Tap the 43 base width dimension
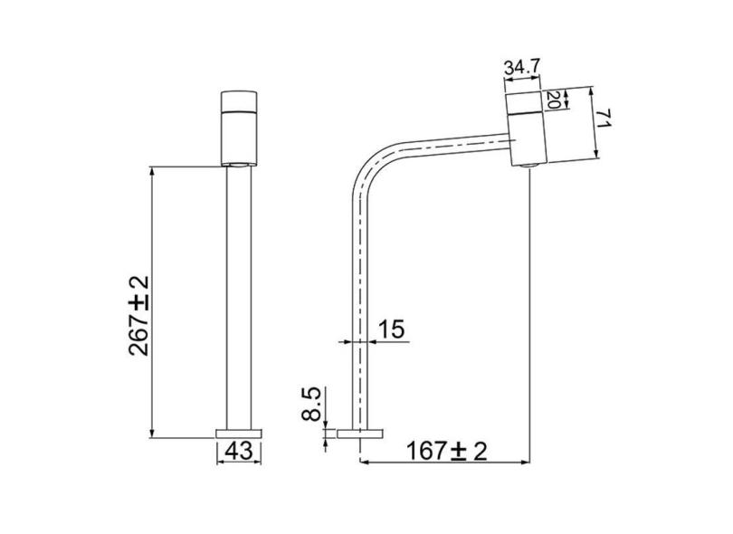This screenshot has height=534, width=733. point(239,449)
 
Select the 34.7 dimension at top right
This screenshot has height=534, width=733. point(523,68)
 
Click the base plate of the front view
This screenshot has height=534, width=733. point(239,431)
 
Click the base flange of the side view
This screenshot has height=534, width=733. point(361,433)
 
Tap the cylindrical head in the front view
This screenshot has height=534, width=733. point(239,127)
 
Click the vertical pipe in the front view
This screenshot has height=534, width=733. point(239,299)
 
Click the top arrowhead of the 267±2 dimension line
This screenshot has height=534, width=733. point(151,171)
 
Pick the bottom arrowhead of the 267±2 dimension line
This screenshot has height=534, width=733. point(151,431)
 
